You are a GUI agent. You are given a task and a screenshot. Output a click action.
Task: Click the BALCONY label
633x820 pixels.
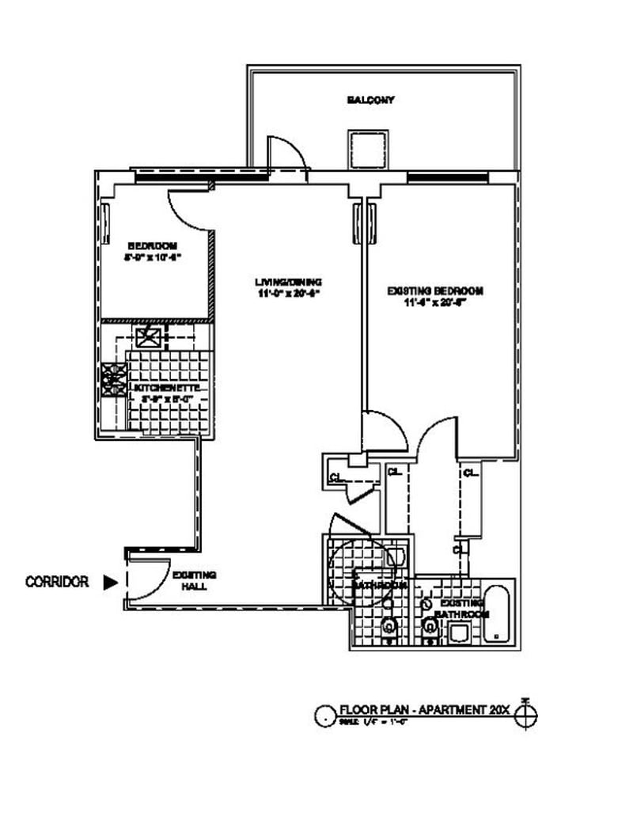(x=370, y=101)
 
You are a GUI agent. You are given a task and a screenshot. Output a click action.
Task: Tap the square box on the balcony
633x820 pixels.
(x=365, y=149)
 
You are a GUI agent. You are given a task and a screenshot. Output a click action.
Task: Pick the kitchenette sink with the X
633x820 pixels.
(x=149, y=339)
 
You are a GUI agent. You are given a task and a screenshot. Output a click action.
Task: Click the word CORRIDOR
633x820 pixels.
(x=56, y=582)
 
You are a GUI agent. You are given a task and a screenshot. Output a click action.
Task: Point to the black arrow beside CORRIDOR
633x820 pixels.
(x=110, y=582)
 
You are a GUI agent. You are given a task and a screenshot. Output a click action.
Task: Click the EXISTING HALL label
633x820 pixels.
(x=194, y=581)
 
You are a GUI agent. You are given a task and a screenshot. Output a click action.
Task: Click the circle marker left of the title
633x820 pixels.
(x=325, y=716)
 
